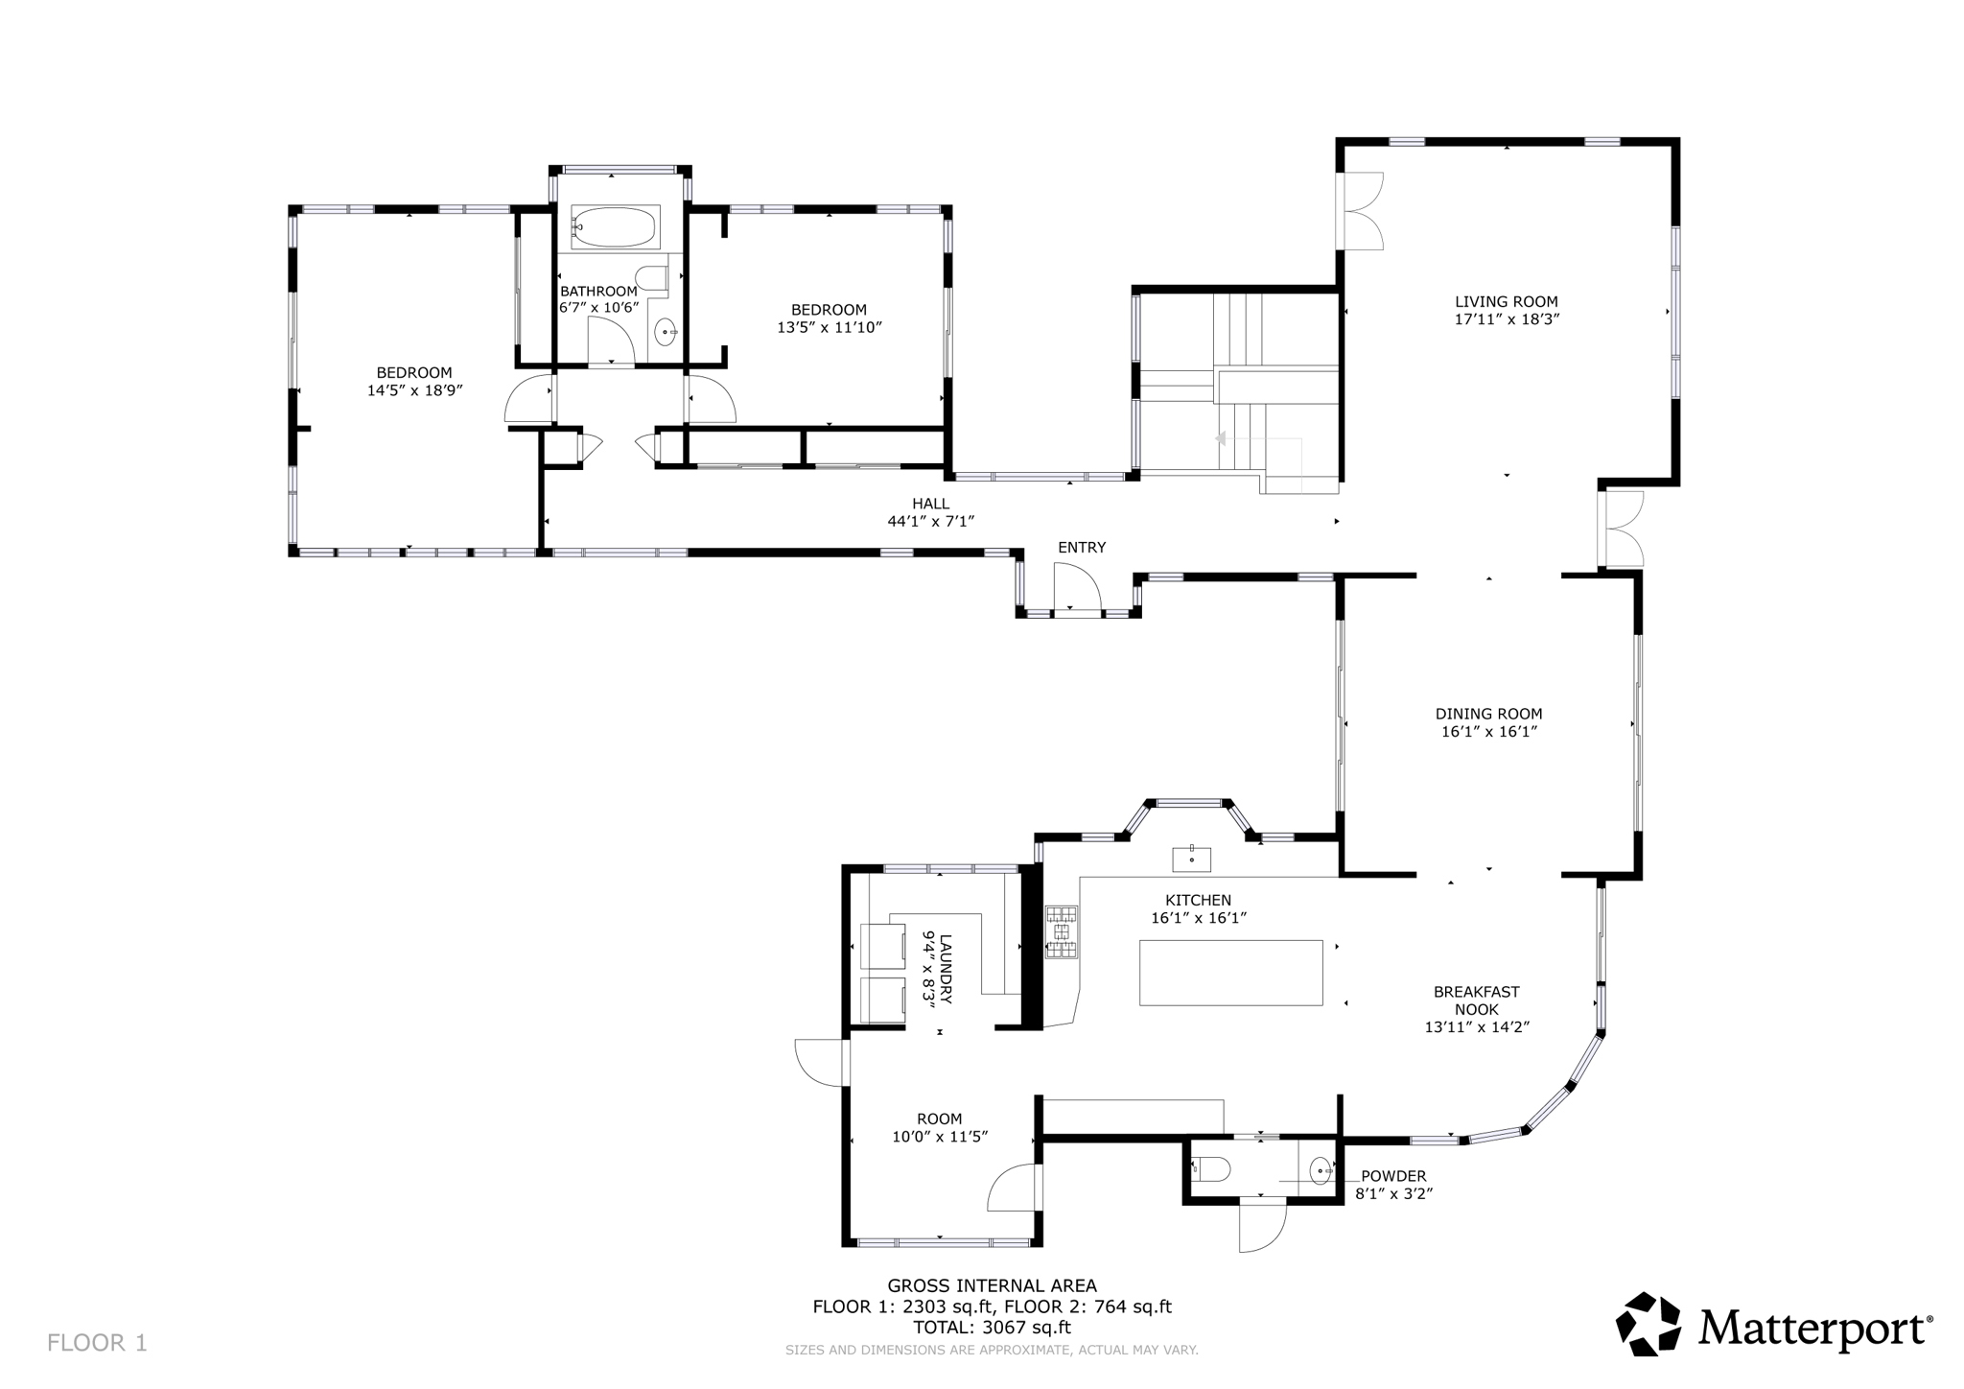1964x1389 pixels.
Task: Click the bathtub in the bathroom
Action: tap(615, 227)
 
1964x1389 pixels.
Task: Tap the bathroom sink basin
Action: tap(665, 332)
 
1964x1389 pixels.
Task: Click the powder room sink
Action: tap(1321, 1170)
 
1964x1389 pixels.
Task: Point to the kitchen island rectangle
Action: tap(1230, 973)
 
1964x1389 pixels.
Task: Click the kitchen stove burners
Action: tap(1062, 931)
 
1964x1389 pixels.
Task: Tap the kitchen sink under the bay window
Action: tap(1191, 859)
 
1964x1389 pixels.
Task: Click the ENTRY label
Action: tap(1082, 548)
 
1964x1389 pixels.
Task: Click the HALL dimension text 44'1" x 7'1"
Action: tap(930, 521)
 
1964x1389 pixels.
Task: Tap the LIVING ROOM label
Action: tap(1506, 301)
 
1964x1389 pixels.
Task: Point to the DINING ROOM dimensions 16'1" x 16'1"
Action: tap(1488, 732)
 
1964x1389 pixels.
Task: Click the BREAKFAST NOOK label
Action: tap(1476, 1001)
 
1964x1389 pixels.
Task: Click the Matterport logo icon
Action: tap(1648, 1325)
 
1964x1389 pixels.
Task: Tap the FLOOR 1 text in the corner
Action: tap(97, 1343)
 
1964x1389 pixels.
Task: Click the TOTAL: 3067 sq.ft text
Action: tap(992, 1328)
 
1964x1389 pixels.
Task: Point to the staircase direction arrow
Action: tap(1221, 438)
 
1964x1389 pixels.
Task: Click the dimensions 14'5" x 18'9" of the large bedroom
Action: tap(414, 390)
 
